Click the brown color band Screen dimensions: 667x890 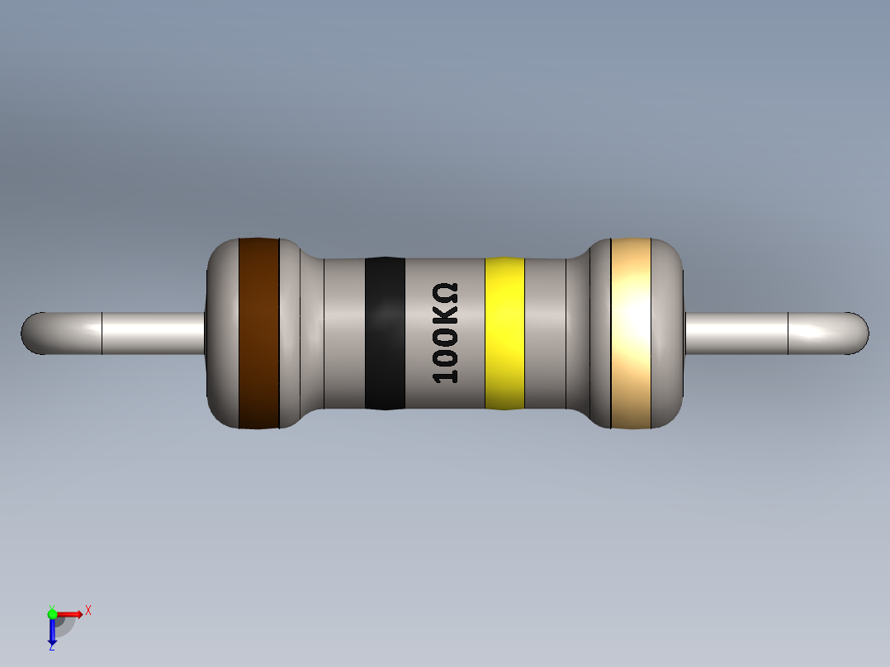[258, 333]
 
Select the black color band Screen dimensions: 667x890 [385, 333]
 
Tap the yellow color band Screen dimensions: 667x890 [504, 333]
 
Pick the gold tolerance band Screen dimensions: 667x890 [631, 333]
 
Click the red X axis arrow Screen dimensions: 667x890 [70, 613]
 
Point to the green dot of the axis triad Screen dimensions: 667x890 [53, 613]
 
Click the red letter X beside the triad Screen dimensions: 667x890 [88, 611]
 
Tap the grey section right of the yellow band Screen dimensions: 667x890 [545, 333]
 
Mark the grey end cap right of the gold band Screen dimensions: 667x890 [669, 333]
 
